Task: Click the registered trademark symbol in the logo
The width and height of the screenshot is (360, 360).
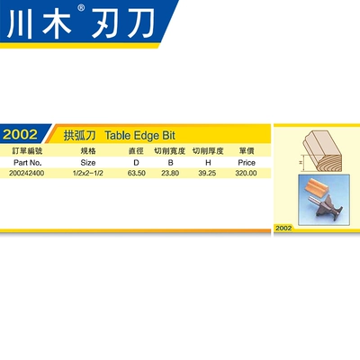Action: (x=81, y=8)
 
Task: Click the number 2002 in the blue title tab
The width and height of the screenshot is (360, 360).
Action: (x=20, y=134)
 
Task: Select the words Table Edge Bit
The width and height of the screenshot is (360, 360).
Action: (x=139, y=136)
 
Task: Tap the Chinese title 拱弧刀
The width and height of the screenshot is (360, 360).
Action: (x=79, y=136)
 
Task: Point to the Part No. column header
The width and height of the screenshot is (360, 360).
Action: (x=27, y=163)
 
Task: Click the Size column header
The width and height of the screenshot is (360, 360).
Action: (x=88, y=163)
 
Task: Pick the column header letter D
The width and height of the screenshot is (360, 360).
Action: (x=136, y=163)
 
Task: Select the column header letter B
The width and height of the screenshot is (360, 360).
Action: (x=170, y=163)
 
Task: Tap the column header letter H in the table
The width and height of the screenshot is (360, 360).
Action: (x=208, y=163)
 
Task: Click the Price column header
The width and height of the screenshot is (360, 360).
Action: (x=247, y=163)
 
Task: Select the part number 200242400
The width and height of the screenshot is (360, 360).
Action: (x=26, y=173)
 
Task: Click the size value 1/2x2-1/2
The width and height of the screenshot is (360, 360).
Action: (x=88, y=173)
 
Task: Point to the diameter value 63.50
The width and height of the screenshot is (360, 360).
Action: (x=137, y=173)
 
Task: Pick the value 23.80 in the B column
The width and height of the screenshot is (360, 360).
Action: (x=170, y=173)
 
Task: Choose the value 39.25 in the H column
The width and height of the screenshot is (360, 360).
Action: (x=207, y=173)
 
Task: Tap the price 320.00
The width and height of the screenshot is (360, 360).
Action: (x=246, y=173)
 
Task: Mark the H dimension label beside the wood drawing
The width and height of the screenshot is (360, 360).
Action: (x=301, y=163)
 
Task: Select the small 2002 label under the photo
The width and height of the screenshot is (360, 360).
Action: (x=283, y=228)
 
